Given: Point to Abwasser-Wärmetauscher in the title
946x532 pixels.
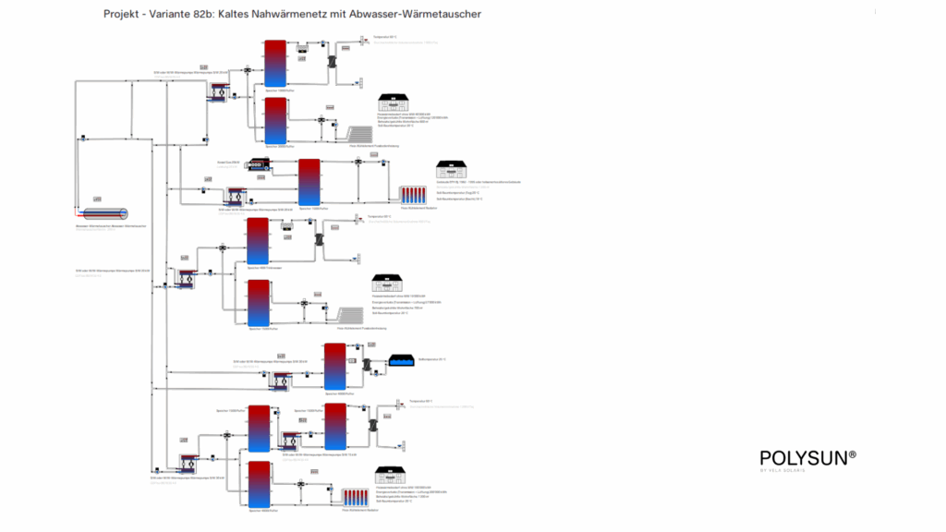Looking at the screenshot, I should coord(423,15).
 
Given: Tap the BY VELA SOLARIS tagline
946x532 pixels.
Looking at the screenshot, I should coord(782,471).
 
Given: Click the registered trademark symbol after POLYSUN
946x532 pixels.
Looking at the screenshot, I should coord(852,453).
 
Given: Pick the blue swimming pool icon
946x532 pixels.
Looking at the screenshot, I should coord(402,360).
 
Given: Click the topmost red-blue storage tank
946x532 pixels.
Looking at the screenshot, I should coord(275,63).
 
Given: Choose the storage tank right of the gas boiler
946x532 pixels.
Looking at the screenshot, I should coord(309,182).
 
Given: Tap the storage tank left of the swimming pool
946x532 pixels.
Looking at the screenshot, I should coord(334,366).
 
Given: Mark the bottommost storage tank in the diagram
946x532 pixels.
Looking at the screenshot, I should coord(260,484).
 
